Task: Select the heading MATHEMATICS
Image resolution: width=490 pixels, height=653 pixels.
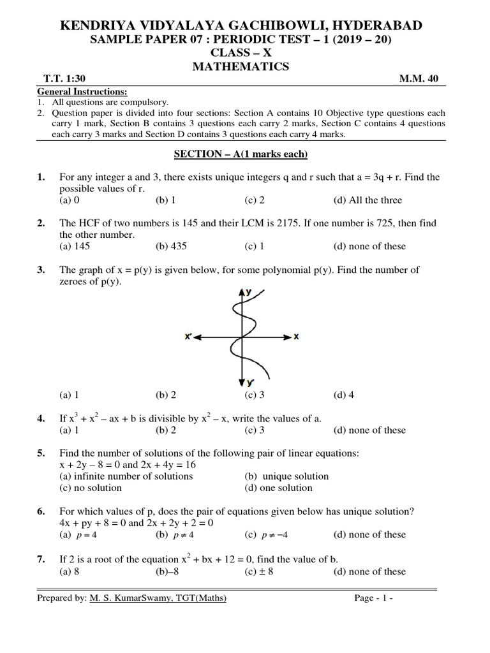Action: (245, 66)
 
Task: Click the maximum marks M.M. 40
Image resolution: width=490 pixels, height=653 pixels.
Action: (419, 79)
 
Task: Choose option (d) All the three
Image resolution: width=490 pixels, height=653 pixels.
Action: (367, 200)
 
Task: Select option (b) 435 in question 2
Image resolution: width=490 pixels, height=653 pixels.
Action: (171, 246)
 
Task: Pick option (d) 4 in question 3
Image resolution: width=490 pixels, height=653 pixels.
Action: (343, 395)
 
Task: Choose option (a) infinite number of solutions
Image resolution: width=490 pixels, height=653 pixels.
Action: (126, 476)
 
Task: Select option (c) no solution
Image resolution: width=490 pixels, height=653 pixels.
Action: (90, 488)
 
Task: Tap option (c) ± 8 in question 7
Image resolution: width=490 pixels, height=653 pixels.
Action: (258, 571)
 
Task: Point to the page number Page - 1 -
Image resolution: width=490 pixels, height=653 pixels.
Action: (374, 598)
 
